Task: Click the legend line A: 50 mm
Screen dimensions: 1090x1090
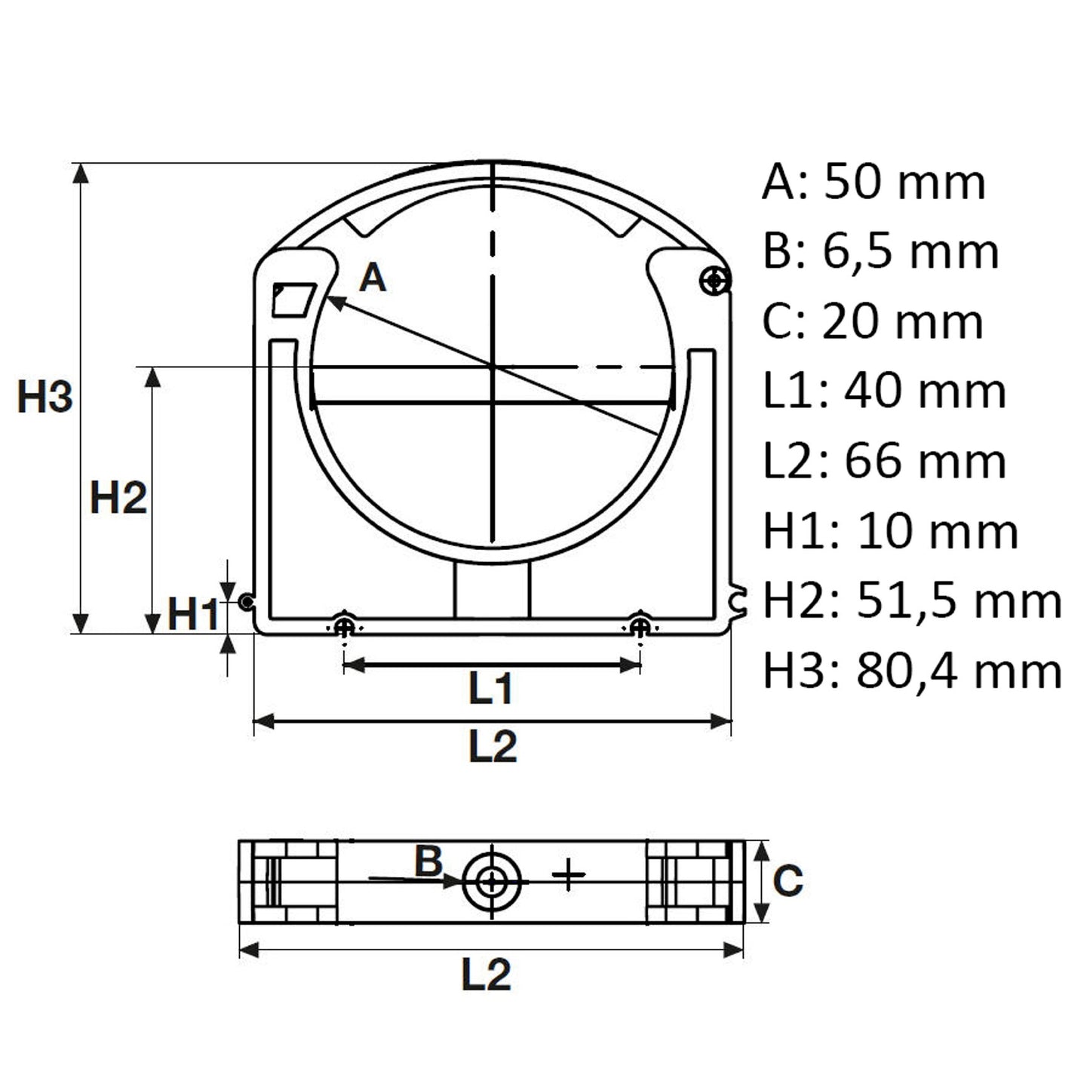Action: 874,182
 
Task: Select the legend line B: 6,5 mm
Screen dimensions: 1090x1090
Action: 880,252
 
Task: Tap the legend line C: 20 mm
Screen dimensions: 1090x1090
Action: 874,321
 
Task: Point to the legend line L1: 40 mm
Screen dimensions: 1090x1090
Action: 885,391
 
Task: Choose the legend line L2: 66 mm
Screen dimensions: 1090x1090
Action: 885,461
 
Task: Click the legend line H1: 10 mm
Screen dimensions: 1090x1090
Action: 891,531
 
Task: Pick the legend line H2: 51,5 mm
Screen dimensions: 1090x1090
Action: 913,600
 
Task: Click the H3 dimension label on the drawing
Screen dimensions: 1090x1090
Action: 45,397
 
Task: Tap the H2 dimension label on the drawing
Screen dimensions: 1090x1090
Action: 118,498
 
